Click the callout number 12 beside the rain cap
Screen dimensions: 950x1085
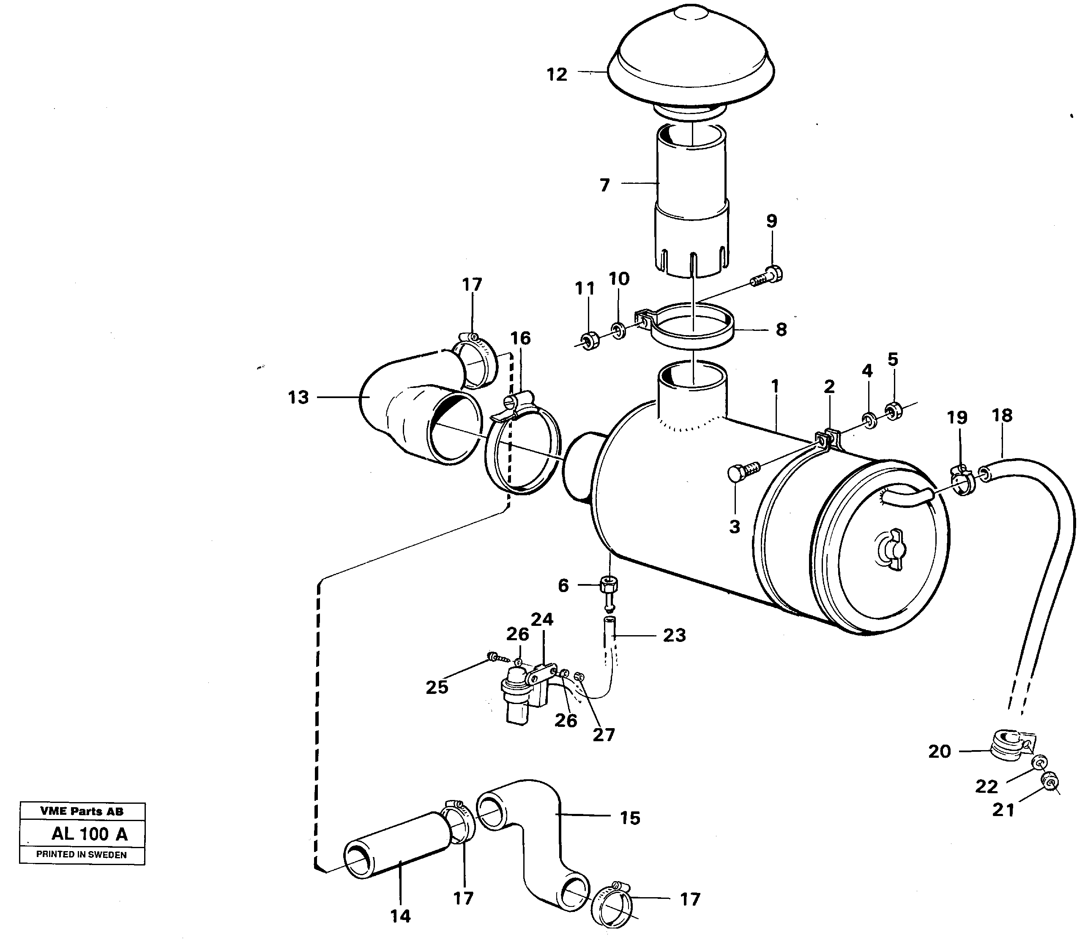tap(557, 75)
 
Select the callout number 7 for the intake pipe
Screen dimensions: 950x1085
tap(604, 186)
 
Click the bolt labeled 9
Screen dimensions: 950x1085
tap(767, 277)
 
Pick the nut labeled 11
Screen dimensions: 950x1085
tap(589, 340)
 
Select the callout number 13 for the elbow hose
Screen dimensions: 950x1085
tap(298, 398)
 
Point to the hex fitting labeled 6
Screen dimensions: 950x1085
tap(609, 587)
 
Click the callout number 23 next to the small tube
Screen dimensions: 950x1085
tap(674, 635)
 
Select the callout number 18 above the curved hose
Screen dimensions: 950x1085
tap(1002, 416)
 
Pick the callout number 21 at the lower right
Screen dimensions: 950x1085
tap(1003, 825)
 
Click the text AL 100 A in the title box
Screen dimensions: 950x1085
tap(89, 835)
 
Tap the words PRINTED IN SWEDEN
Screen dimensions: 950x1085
tap(81, 854)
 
